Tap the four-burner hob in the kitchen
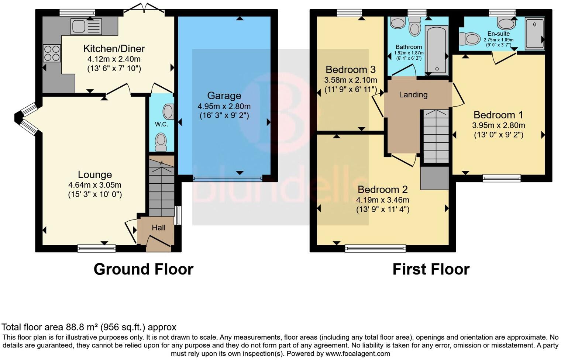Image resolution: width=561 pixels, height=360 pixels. [x=52, y=53]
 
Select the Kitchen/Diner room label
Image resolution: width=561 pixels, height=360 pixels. [x=114, y=49]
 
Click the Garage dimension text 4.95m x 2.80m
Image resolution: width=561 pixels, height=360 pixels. [x=224, y=106]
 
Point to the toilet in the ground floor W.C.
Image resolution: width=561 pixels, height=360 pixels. [x=161, y=142]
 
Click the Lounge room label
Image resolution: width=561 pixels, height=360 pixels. [x=95, y=175]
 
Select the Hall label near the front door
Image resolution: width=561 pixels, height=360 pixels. [x=159, y=228]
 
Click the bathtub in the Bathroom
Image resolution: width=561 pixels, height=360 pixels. [x=437, y=50]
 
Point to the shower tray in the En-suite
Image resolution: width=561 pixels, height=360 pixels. [x=535, y=33]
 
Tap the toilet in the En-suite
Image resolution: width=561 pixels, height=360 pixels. [x=469, y=38]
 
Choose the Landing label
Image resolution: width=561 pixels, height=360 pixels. [x=413, y=95]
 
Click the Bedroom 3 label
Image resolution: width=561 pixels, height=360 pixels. [x=351, y=70]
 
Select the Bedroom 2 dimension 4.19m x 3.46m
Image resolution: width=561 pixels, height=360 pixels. [x=383, y=200]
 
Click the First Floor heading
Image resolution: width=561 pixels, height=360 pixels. [x=431, y=270]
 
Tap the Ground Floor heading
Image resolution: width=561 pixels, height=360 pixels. [x=143, y=270]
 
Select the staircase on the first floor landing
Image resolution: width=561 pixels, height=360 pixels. [x=436, y=136]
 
